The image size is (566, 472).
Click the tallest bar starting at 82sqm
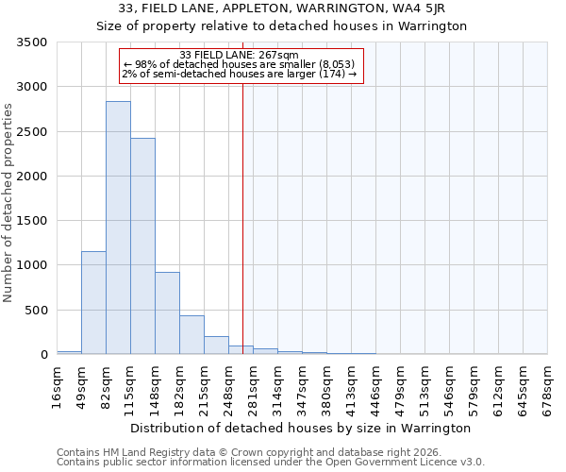[x=118, y=228]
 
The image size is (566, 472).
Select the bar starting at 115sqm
[x=142, y=246]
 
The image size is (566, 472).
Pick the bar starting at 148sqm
[x=167, y=313]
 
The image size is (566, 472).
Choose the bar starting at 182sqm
[x=191, y=335]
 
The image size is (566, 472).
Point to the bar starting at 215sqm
[x=216, y=346]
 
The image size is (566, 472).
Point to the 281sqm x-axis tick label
[x=254, y=383]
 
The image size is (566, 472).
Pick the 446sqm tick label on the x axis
[x=376, y=383]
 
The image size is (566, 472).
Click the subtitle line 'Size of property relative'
[x=282, y=25]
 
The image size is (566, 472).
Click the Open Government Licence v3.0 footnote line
[x=271, y=462]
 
